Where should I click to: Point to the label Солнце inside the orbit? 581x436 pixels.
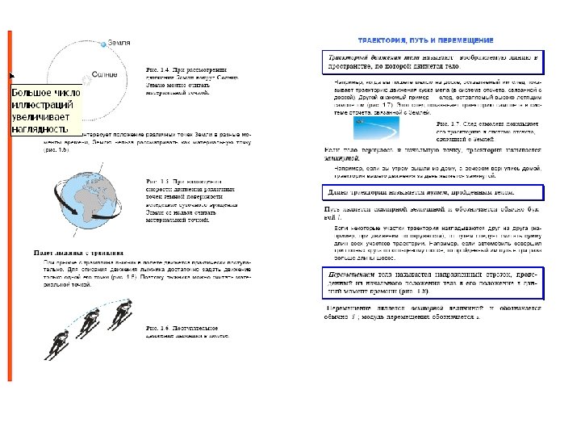pyautogui.click(x=105, y=73)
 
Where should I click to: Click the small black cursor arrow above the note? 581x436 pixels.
pyautogui.click(x=12, y=75)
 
